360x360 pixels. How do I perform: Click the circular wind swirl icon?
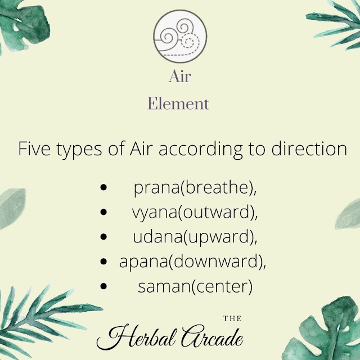pyautogui.click(x=180, y=36)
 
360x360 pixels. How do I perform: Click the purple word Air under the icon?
pyautogui.click(x=180, y=76)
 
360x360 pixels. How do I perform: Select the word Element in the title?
pyautogui.click(x=178, y=103)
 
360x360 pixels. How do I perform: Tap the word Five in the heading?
pyautogui.click(x=34, y=148)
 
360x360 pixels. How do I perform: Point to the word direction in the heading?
pyautogui.click(x=309, y=148)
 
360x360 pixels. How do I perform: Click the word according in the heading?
pyautogui.click(x=200, y=150)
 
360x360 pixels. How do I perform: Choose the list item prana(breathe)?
pyautogui.click(x=195, y=188)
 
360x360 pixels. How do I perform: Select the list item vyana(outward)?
pyautogui.click(x=195, y=213)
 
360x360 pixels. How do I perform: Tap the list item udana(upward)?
pyautogui.click(x=195, y=237)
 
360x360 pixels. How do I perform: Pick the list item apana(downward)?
pyautogui.click(x=192, y=262)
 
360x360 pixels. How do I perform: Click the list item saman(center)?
pyautogui.click(x=195, y=287)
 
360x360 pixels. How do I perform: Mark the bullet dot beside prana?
pyautogui.click(x=103, y=187)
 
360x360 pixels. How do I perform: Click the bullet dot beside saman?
pyautogui.click(x=103, y=286)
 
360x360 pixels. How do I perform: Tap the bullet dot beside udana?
pyautogui.click(x=103, y=237)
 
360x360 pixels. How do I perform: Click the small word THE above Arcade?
pyautogui.click(x=232, y=318)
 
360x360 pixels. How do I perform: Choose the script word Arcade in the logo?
pyautogui.click(x=212, y=336)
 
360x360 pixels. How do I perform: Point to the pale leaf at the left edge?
pyautogui.click(x=11, y=208)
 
